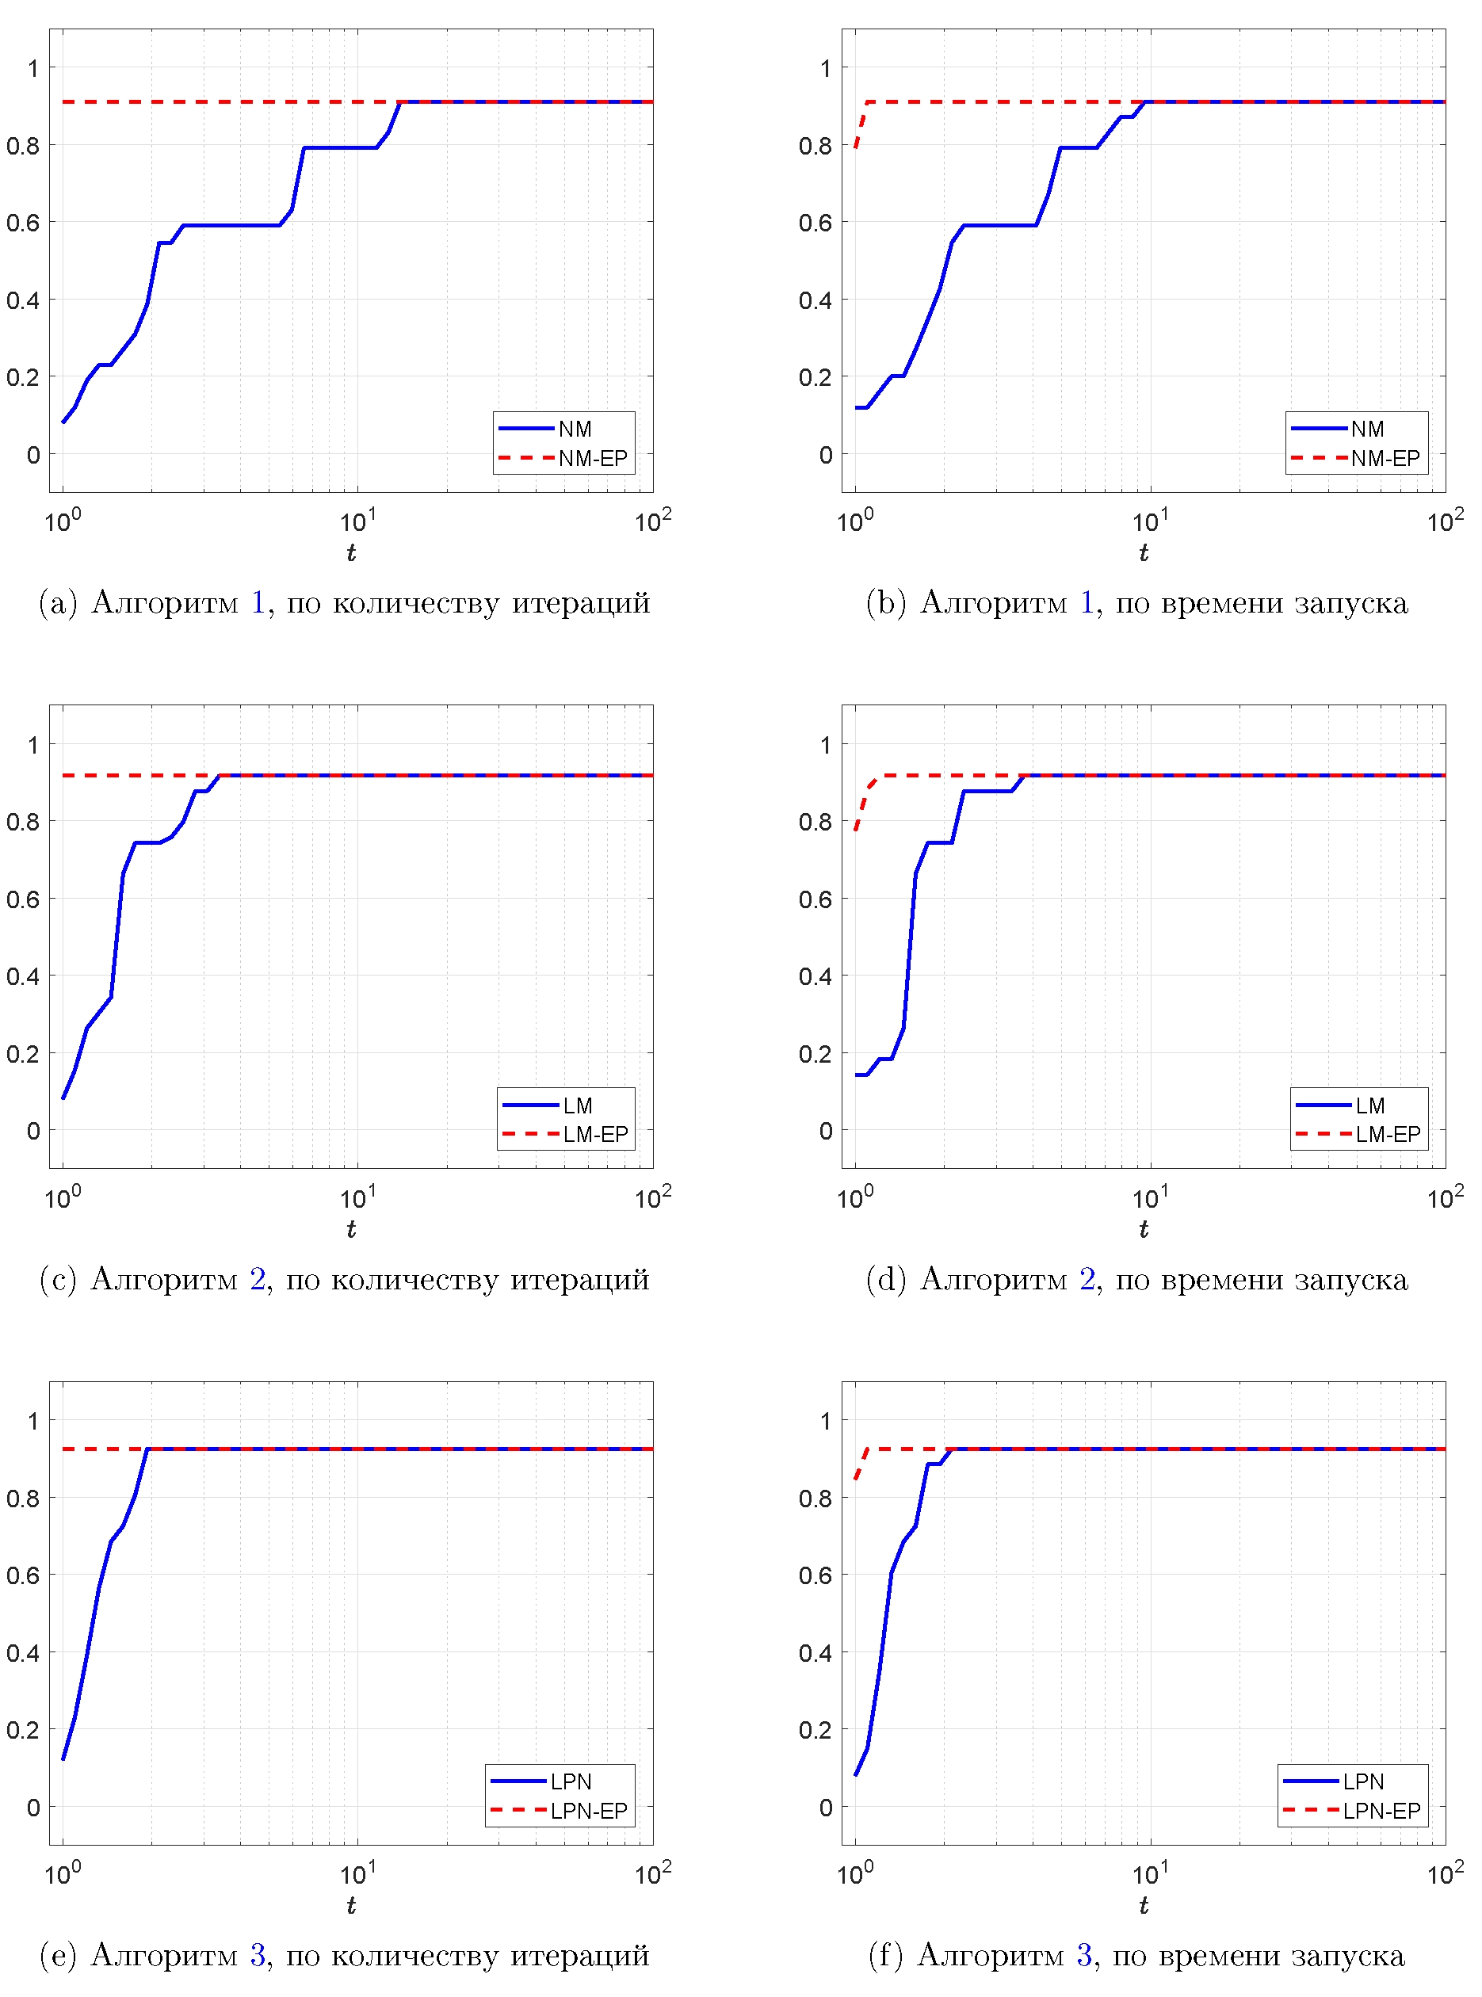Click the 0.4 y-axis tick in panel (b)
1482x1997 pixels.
click(815, 300)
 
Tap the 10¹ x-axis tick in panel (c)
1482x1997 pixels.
click(357, 1197)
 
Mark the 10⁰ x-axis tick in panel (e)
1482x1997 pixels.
click(62, 1873)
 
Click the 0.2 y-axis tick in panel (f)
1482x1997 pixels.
click(815, 1730)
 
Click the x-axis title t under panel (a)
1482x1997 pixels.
click(351, 552)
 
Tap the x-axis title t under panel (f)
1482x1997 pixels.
click(1143, 1904)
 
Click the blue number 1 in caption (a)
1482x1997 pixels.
click(258, 602)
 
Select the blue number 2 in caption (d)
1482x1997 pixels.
click(1087, 1278)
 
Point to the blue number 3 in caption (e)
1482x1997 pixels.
click(258, 1954)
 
